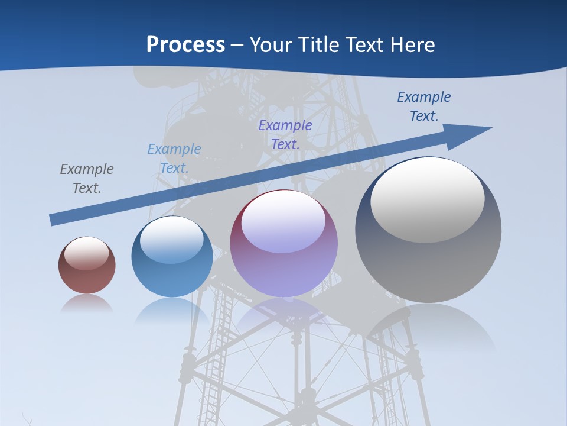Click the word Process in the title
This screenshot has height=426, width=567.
point(185,44)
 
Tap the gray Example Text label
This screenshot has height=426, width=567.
point(87,179)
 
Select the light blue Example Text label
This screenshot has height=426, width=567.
point(174,159)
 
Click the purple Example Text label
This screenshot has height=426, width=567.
point(285,134)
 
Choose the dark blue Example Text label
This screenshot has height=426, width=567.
point(424,106)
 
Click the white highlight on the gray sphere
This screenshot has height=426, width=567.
point(428,198)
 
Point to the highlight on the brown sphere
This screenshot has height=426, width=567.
point(87,252)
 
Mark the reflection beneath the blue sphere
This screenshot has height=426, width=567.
point(172,311)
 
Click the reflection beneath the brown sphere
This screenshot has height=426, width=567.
point(87,303)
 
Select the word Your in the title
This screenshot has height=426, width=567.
point(272,44)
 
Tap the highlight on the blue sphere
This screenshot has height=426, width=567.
point(172,238)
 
